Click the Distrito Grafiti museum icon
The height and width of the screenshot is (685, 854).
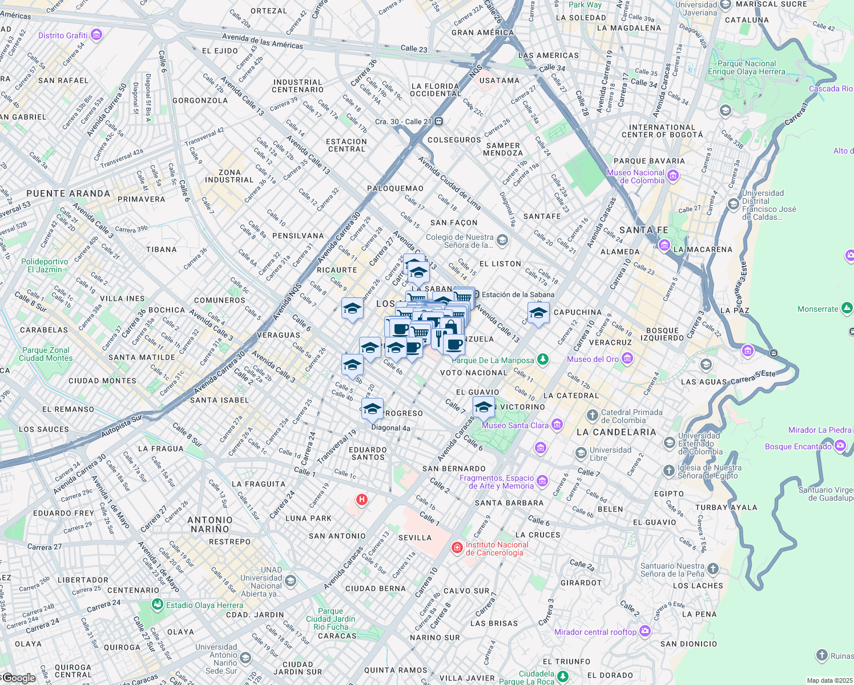click(96, 35)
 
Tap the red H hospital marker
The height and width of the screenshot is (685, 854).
click(361, 500)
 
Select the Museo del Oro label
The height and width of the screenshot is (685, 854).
click(593, 359)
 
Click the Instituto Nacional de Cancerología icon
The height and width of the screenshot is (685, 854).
click(457, 548)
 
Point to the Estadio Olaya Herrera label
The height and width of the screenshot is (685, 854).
click(204, 605)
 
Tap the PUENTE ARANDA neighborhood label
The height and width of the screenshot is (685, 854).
click(69, 194)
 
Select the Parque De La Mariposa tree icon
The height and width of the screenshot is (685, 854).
click(543, 360)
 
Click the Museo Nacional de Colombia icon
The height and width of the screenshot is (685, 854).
click(672, 176)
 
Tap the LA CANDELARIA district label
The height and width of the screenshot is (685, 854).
click(616, 432)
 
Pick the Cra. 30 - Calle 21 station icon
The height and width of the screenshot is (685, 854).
click(438, 122)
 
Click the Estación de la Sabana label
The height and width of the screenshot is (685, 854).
click(518, 295)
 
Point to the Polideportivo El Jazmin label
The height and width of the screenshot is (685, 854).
click(45, 265)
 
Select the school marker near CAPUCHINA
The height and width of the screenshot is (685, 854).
click(538, 313)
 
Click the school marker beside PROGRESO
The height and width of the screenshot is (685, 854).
click(372, 409)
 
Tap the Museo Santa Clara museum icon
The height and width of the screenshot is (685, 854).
click(557, 425)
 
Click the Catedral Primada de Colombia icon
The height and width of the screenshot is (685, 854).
click(593, 415)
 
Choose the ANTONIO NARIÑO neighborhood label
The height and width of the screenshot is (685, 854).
click(210, 525)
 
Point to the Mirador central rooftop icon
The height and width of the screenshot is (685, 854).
click(645, 631)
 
